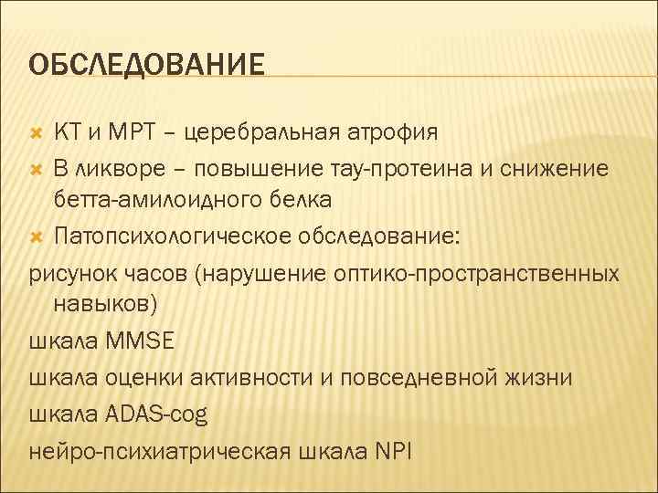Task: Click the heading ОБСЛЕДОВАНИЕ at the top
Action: pyautogui.click(x=146, y=65)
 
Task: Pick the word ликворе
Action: pyautogui.click(x=116, y=168)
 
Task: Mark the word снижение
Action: pyautogui.click(x=557, y=168)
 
